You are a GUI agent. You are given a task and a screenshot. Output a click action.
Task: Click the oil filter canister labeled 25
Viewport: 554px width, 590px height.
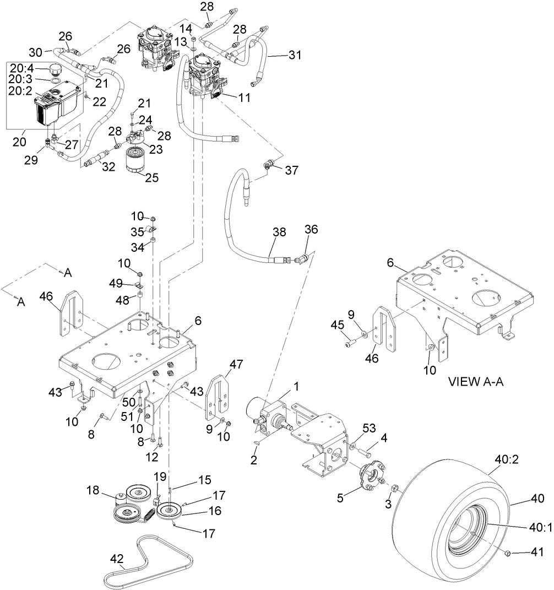(135, 160)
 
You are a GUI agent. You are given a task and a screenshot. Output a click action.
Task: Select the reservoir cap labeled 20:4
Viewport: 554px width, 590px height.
(55, 70)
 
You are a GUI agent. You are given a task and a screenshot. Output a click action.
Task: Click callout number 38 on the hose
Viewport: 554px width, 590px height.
(279, 232)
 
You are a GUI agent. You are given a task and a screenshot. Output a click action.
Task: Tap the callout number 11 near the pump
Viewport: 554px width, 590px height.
(245, 98)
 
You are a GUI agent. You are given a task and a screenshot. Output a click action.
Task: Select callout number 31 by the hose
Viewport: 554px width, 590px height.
(295, 55)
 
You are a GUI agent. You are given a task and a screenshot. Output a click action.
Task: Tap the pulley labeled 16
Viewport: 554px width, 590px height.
(169, 510)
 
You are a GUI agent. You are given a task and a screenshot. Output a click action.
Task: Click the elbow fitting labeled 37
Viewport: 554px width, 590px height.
(269, 164)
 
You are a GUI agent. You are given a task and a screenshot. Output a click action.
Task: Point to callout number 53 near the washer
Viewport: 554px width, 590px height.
(369, 427)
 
